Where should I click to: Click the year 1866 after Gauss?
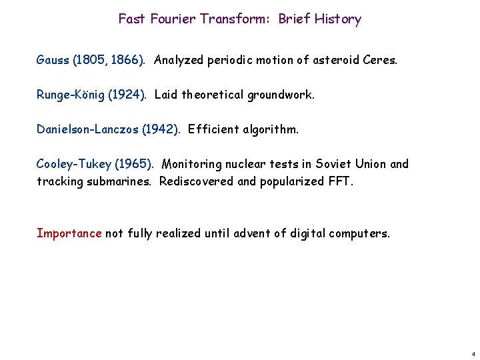pos(125,60)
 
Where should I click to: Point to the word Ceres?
pos(379,60)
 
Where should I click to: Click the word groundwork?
pos(281,95)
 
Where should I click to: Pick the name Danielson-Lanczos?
pos(87,129)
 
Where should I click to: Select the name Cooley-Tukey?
pos(71,164)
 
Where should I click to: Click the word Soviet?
pos(337,164)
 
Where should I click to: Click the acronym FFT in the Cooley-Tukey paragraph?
pos(338,181)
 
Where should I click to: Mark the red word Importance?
pos(69,233)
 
